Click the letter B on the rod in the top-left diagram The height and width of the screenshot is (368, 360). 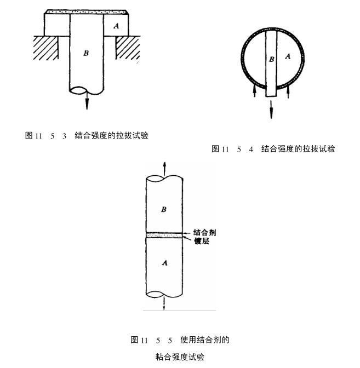tap(85, 53)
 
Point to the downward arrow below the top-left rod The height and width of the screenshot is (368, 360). tap(87, 102)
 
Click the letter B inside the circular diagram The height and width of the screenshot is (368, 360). tap(271, 59)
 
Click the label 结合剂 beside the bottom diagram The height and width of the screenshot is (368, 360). tap(204, 232)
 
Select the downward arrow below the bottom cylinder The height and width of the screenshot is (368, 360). tap(164, 304)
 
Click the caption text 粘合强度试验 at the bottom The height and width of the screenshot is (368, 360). tap(180, 357)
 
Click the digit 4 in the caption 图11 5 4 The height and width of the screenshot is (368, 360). tap(251, 149)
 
